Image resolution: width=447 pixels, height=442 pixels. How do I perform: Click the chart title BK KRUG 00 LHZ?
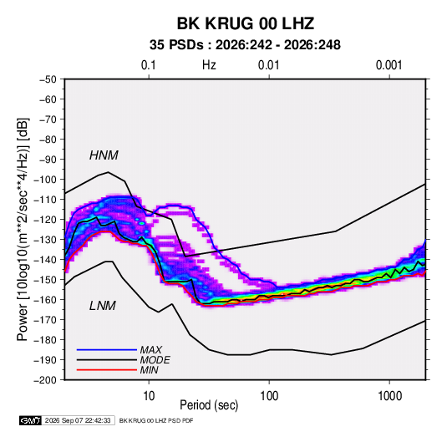pos(246,23)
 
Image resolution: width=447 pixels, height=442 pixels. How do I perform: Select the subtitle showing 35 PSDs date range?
pos(245,45)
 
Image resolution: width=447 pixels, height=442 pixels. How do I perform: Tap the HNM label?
pos(104,155)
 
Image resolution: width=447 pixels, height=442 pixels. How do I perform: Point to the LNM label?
pos(103,306)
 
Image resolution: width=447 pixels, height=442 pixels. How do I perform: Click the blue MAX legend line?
pos(107,349)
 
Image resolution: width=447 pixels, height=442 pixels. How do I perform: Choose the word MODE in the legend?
pos(155,360)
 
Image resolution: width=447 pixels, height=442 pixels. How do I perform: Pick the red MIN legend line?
pos(107,370)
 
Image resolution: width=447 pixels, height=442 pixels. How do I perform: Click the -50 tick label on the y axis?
pos(48,79)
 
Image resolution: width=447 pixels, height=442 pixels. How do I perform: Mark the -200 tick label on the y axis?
pos(45,380)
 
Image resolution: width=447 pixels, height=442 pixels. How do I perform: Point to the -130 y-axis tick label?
pos(45,240)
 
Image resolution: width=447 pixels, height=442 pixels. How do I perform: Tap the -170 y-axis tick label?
pos(45,320)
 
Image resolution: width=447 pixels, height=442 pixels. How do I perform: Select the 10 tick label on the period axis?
pos(149,396)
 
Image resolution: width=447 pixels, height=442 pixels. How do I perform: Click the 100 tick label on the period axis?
pos(269,396)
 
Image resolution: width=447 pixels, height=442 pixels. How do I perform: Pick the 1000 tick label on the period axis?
pos(389,396)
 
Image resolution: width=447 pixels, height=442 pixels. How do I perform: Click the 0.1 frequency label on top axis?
pos(149,65)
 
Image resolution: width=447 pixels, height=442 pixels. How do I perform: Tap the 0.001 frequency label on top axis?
pos(389,65)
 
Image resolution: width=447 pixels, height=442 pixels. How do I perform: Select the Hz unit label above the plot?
pos(209,65)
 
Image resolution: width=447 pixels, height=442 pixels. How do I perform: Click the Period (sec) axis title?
pos(209,405)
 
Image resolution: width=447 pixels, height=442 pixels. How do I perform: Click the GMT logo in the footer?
pos(30,420)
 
